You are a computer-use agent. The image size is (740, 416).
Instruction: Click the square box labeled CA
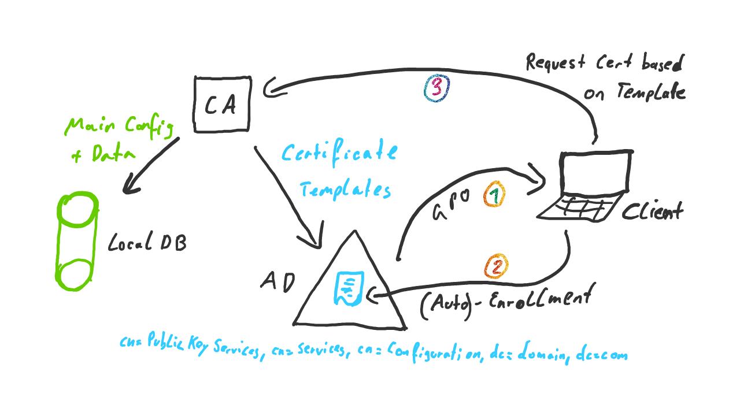pos(223,104)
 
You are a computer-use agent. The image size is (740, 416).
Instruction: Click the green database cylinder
pos(77,241)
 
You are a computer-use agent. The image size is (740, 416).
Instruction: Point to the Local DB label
pos(147,243)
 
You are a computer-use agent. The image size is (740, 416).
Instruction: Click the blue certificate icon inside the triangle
pos(348,289)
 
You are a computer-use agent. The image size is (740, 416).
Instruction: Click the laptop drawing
pos(584,185)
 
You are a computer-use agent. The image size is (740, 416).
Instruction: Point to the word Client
pos(652,211)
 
